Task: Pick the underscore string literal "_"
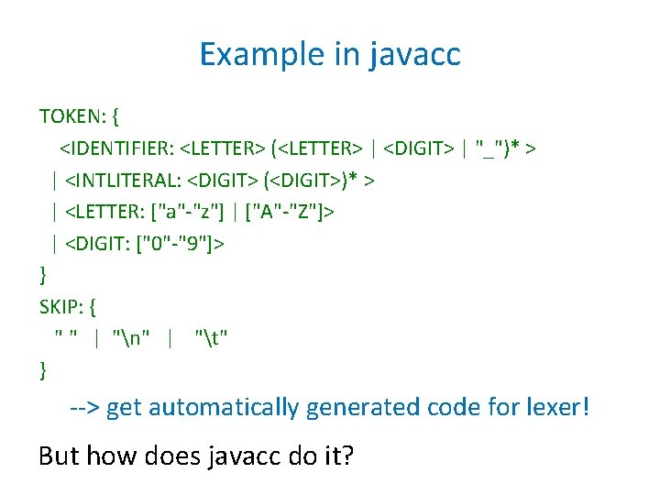click(x=489, y=148)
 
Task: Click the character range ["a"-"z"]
click(x=191, y=212)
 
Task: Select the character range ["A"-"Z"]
click(x=291, y=212)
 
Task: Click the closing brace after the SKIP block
click(x=43, y=370)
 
